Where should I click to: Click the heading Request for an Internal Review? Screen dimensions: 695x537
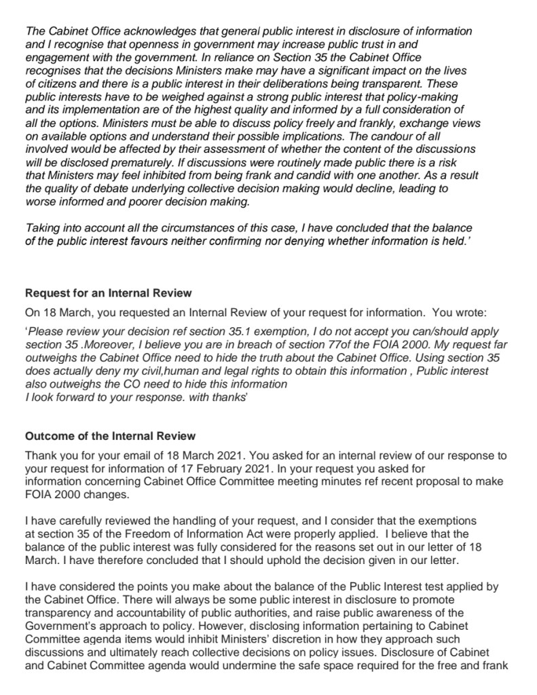pyautogui.click(x=109, y=293)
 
